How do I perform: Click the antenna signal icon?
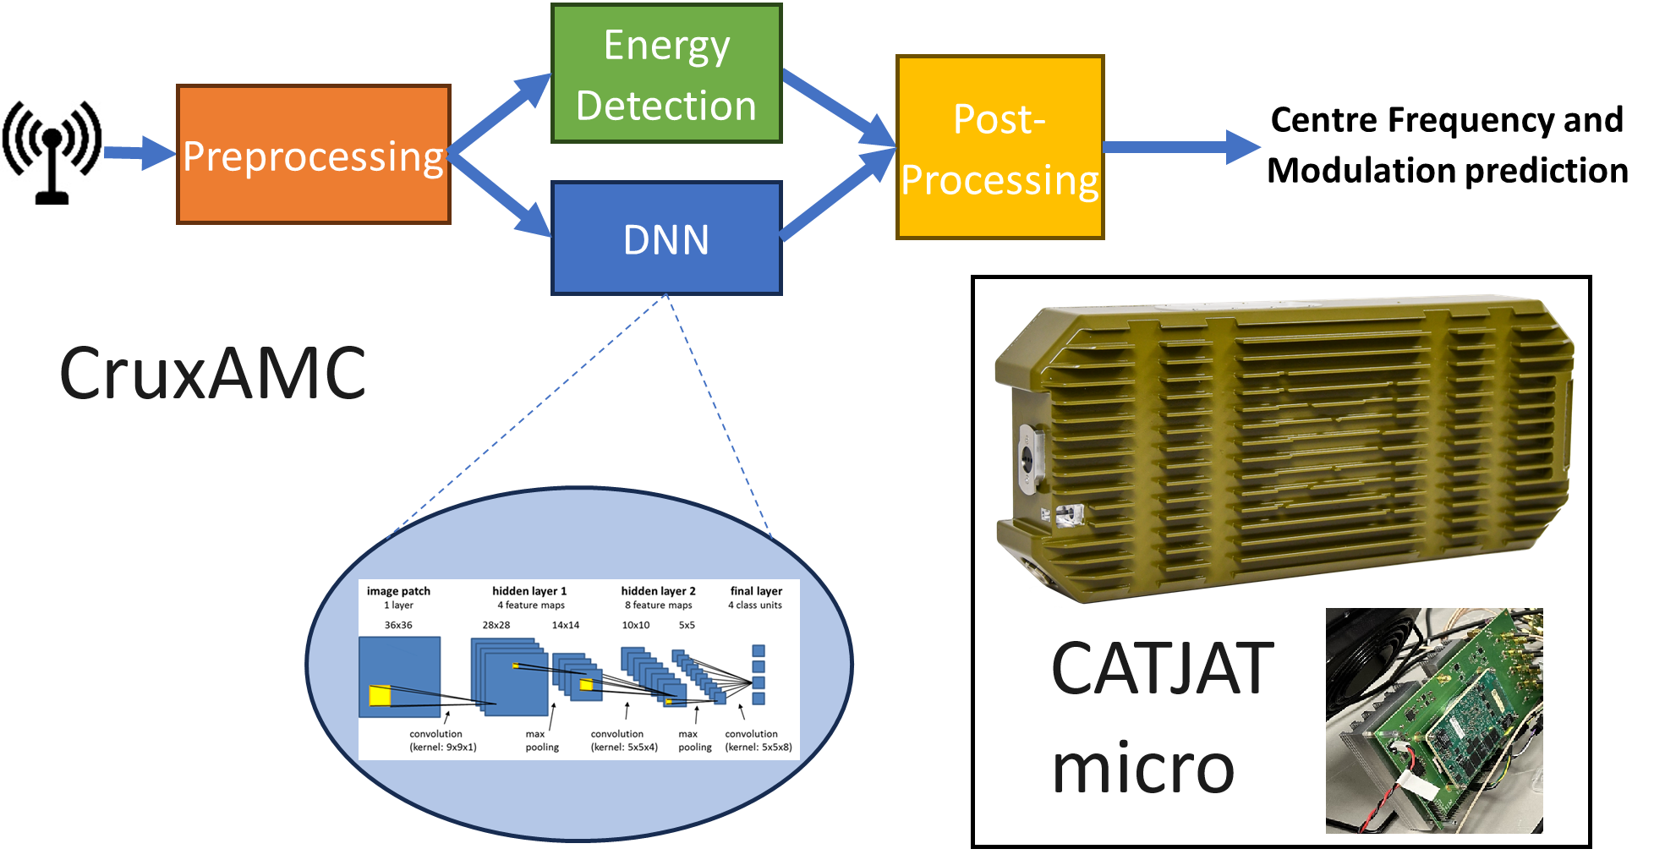pyautogui.click(x=52, y=151)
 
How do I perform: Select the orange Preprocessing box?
pyautogui.click(x=313, y=155)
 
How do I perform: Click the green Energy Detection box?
pyautogui.click(x=665, y=74)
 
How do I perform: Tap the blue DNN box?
pyautogui.click(x=665, y=239)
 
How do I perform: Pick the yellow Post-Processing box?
pyautogui.click(x=1000, y=149)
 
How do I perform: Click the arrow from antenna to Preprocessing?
pyautogui.click(x=139, y=153)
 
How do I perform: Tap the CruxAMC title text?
pyautogui.click(x=212, y=374)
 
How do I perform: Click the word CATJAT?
pyautogui.click(x=1162, y=669)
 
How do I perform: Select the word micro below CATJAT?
pyautogui.click(x=1142, y=768)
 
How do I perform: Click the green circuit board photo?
pyautogui.click(x=1434, y=720)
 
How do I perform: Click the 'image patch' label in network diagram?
pyautogui.click(x=398, y=591)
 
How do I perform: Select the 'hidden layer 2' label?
pyautogui.click(x=658, y=591)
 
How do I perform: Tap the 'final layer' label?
pyautogui.click(x=756, y=591)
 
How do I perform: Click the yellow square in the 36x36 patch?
pyautogui.click(x=380, y=696)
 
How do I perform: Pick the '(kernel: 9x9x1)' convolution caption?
pyautogui.click(x=443, y=748)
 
